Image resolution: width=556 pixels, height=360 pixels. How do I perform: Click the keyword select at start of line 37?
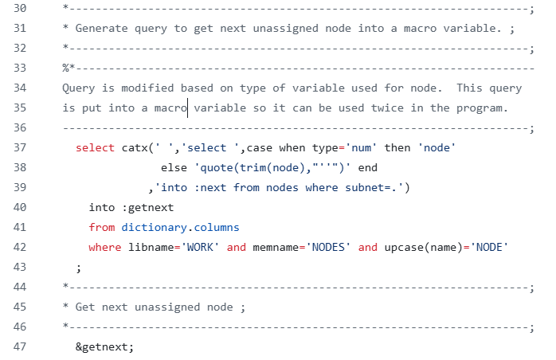click(x=96, y=147)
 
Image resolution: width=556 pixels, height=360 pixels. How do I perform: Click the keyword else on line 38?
click(x=174, y=167)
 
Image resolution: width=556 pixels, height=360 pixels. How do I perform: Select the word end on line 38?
click(x=369, y=167)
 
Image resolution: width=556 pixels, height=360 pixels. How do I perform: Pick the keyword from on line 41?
click(x=101, y=227)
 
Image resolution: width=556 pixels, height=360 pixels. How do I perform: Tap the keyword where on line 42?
click(x=105, y=247)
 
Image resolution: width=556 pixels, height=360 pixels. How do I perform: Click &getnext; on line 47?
click(x=105, y=346)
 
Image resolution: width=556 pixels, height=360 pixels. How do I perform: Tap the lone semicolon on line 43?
click(x=78, y=267)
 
